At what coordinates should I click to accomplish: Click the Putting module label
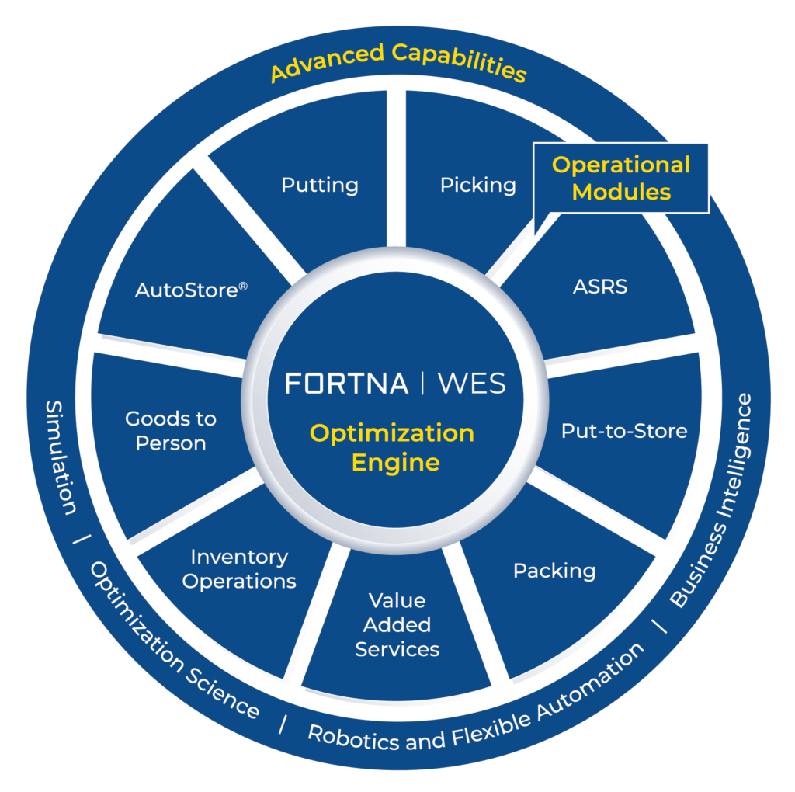pos(320,186)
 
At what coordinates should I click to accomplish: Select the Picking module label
pos(477,186)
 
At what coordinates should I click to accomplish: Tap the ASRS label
pos(600,287)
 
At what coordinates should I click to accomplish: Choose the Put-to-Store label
pos(624,431)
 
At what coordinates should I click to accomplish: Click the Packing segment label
pos(554,571)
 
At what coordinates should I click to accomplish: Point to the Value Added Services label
pos(397,624)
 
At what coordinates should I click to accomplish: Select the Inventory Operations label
pos(239,569)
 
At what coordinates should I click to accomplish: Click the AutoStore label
pos(187,290)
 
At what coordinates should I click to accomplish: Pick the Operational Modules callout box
pos(620,177)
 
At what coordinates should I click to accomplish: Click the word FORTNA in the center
pos(346,384)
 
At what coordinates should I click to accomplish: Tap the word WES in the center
pos(470,384)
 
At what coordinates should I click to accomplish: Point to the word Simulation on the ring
pos(60,457)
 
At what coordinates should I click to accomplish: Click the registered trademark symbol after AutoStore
pos(243,286)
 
